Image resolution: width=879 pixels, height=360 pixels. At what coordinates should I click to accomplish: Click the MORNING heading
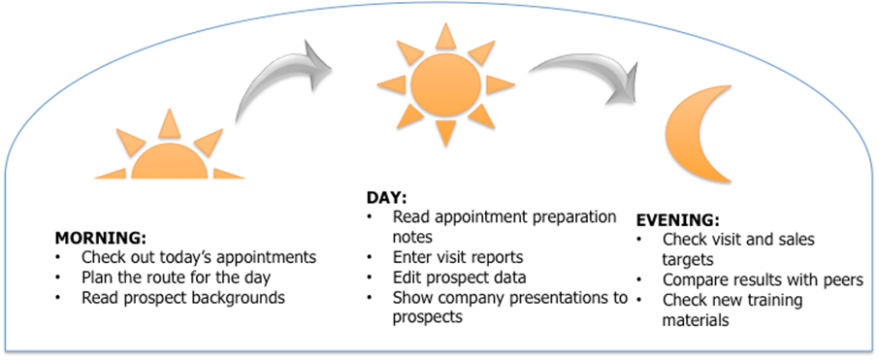point(100,237)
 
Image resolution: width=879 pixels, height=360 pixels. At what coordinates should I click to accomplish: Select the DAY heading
point(387,198)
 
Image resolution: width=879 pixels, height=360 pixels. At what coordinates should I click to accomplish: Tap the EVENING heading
point(678,219)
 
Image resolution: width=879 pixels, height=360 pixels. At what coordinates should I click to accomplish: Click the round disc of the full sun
point(445,84)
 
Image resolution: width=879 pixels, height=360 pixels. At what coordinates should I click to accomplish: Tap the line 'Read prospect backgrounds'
point(183,298)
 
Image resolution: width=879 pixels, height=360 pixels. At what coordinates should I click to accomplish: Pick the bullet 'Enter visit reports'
point(458,257)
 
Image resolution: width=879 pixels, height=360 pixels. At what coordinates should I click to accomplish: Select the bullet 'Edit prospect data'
point(460,278)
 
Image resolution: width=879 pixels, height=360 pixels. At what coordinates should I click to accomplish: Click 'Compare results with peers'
point(763,279)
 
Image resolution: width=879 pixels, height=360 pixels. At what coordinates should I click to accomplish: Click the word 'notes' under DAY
point(412,237)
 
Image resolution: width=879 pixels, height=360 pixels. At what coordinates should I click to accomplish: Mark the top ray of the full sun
point(445,36)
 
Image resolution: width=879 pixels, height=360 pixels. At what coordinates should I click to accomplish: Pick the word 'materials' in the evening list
point(696,320)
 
